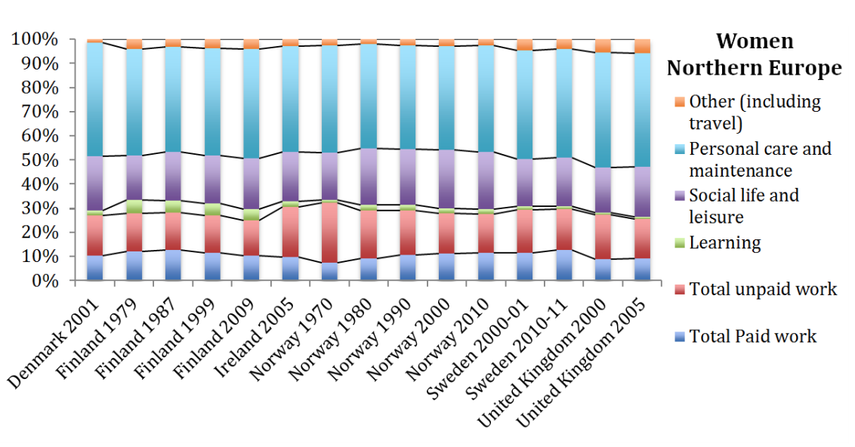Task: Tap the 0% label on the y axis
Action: click(x=42, y=281)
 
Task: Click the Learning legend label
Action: click(x=725, y=242)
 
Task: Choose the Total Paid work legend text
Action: click(x=752, y=336)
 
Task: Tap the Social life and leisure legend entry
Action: click(x=744, y=206)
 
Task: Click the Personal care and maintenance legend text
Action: click(x=760, y=159)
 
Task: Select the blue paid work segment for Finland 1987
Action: click(x=172, y=265)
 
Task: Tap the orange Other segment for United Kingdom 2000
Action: click(x=603, y=46)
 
